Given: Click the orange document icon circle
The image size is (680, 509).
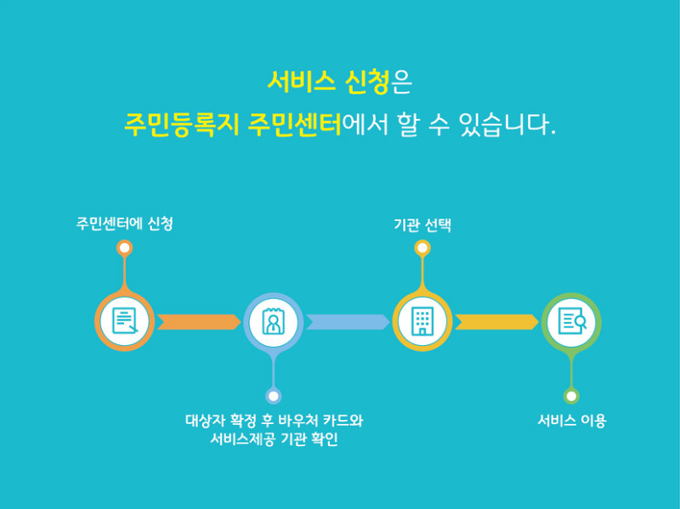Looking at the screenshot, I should click(124, 321).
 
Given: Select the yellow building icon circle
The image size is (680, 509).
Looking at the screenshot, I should click(422, 321).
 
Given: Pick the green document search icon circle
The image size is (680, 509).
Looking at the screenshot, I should click(570, 321).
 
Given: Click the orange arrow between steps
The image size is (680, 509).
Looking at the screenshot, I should click(198, 322).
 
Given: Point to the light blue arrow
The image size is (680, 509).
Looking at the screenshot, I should click(347, 322).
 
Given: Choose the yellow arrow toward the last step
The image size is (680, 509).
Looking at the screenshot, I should click(496, 322).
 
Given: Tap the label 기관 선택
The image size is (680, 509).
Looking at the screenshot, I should click(422, 225).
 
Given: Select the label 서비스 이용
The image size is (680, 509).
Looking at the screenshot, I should click(571, 421).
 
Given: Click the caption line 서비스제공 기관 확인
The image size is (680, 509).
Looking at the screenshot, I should click(274, 441).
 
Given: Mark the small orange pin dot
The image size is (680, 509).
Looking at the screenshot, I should click(125, 248).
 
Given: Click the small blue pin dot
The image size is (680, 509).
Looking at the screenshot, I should click(273, 396).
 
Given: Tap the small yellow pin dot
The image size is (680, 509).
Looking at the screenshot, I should click(422, 248).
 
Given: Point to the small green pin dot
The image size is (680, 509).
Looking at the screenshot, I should click(571, 396).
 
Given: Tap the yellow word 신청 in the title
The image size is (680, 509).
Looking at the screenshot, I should click(368, 82).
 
